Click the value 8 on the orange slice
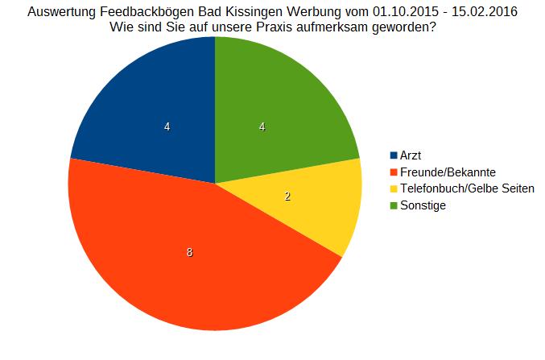pyautogui.click(x=189, y=252)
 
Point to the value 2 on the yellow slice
pyautogui.click(x=288, y=197)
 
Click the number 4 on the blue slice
pyautogui.click(x=167, y=126)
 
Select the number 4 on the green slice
pyautogui.click(x=262, y=126)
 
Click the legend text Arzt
pyautogui.click(x=411, y=155)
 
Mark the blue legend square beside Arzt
pyautogui.click(x=394, y=155)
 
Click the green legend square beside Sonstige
pyautogui.click(x=394, y=205)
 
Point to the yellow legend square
pyautogui.click(x=394, y=188)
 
